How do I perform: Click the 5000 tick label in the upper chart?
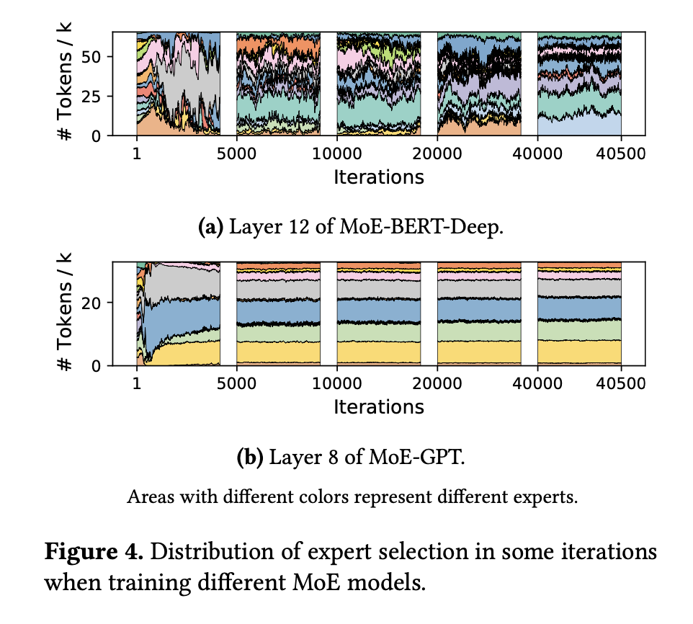click(236, 153)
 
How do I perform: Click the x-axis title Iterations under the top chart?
click(378, 177)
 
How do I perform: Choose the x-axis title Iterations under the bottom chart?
click(378, 407)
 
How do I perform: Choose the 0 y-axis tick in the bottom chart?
click(103, 366)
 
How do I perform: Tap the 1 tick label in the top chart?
click(136, 153)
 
